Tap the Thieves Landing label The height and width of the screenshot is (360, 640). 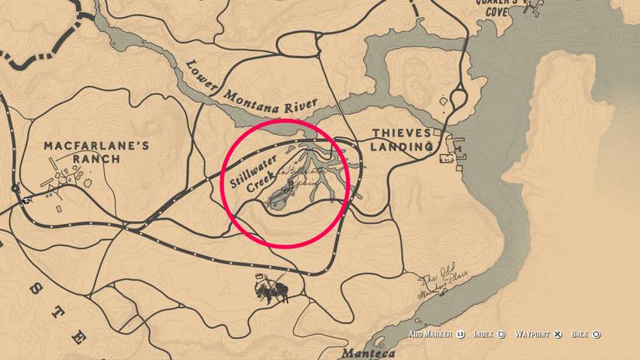tap(401, 139)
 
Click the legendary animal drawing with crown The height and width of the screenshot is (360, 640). tap(269, 289)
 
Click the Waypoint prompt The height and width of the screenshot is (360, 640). tap(533, 335)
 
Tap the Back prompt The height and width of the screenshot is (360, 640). tap(579, 335)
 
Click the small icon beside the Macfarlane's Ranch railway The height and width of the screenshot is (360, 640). tap(28, 199)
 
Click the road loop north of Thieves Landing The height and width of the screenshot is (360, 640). tap(457, 99)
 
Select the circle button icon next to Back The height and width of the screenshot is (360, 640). tap(596, 335)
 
